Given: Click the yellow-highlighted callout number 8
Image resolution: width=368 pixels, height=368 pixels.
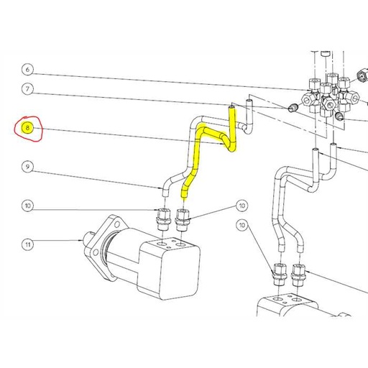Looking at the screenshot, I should click(27, 129).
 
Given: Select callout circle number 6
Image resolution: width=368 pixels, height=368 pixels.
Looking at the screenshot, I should click(27, 70).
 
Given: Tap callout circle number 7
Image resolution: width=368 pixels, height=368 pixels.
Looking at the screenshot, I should click(27, 90).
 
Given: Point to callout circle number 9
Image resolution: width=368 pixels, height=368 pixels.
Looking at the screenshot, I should click(27, 167).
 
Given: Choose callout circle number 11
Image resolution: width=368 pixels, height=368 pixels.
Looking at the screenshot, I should click(27, 244).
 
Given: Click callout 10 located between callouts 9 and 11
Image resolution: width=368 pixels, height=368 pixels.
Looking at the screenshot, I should click(27, 206).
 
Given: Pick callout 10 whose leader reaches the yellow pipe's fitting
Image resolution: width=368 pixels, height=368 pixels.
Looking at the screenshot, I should click(241, 206).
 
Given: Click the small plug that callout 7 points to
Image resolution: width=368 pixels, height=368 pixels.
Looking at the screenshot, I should click(293, 108).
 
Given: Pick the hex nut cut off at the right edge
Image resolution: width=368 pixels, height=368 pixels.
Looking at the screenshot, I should click(361, 74).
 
